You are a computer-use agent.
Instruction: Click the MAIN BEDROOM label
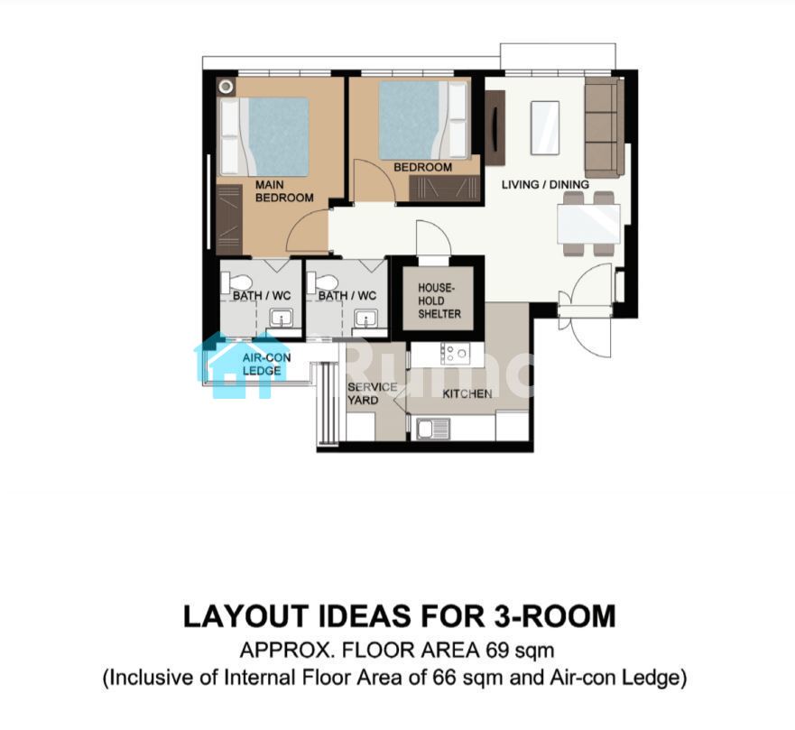pyautogui.click(x=284, y=191)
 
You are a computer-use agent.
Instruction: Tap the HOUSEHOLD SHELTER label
pyautogui.click(x=439, y=300)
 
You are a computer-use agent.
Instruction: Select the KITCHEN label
pyautogui.click(x=467, y=394)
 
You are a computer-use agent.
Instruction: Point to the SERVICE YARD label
pyautogui.click(x=372, y=393)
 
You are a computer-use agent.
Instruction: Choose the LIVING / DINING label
pyautogui.click(x=545, y=184)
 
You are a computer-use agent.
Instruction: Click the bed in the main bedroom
pyautogui.click(x=264, y=136)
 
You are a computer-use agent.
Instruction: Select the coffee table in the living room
pyautogui.click(x=545, y=127)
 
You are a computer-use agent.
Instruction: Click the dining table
pyautogui.click(x=588, y=224)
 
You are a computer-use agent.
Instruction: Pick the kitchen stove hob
pyautogui.click(x=455, y=354)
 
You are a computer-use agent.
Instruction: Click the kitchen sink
pyautogui.click(x=433, y=429)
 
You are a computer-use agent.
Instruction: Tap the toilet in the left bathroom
pyautogui.click(x=236, y=282)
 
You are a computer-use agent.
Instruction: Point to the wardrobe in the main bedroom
pyautogui.click(x=229, y=219)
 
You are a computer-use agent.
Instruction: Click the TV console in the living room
pyautogui.click(x=495, y=128)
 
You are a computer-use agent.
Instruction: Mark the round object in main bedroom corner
pyautogui.click(x=226, y=87)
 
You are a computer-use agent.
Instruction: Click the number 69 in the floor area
pyautogui.click(x=497, y=650)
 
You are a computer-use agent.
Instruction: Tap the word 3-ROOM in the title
pyautogui.click(x=554, y=616)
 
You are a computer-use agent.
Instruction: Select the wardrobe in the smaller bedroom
pyautogui.click(x=445, y=189)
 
